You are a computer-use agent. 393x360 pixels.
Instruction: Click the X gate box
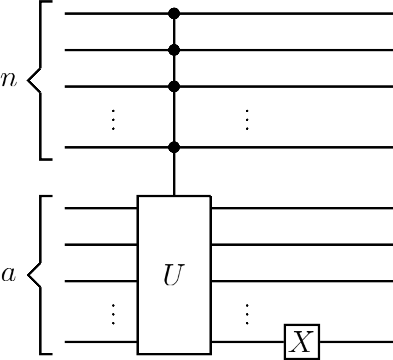click(x=302, y=342)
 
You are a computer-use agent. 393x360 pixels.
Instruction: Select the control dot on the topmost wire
click(x=174, y=13)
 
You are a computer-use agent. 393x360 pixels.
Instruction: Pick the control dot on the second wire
click(x=174, y=50)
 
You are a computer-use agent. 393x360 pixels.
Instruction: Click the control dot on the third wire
click(x=174, y=86)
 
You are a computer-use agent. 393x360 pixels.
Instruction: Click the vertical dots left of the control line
click(x=114, y=119)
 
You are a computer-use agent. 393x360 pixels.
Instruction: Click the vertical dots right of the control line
click(x=247, y=119)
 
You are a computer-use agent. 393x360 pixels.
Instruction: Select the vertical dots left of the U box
click(x=114, y=314)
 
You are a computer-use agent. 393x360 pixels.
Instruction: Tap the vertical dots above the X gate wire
click(x=247, y=314)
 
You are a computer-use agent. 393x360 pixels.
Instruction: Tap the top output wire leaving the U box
click(x=300, y=208)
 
